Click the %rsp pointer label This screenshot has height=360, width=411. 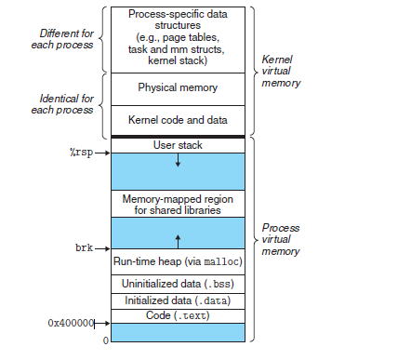(x=80, y=152)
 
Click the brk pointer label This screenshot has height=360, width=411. (x=84, y=249)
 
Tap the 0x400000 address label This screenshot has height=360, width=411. (x=71, y=322)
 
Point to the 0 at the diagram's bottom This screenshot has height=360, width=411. (x=105, y=340)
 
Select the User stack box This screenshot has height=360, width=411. (x=177, y=145)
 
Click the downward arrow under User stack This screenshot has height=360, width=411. (x=178, y=161)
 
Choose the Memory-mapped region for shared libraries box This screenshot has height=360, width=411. (x=177, y=204)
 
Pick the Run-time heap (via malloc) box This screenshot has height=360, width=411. (x=177, y=263)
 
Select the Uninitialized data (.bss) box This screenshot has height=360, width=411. (x=177, y=283)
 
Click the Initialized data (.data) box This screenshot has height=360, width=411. (x=177, y=300)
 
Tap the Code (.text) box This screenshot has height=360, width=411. (x=177, y=316)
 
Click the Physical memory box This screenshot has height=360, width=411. (x=177, y=87)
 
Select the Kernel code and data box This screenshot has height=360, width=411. (x=177, y=119)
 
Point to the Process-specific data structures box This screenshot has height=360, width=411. (x=177, y=37)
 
